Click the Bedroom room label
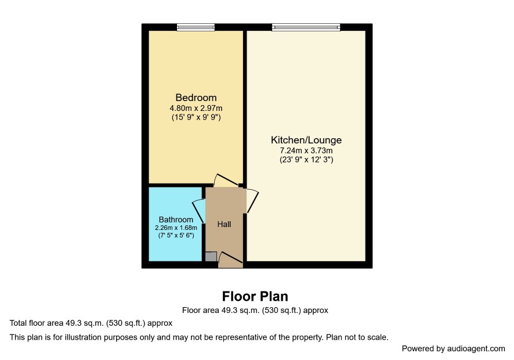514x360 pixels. tap(196, 98)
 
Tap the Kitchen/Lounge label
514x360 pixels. tap(306, 140)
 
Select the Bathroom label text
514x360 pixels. tap(176, 219)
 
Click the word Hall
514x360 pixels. tap(224, 224)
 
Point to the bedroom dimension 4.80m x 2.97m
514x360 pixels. tap(196, 108)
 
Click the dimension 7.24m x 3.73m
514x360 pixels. tap(306, 150)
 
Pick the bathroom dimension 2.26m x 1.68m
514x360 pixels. tap(176, 228)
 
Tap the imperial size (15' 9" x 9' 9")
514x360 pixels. tap(196, 117)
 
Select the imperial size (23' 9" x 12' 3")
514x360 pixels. tap(306, 160)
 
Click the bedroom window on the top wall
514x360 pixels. tap(196, 27)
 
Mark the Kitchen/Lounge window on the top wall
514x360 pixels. tap(306, 27)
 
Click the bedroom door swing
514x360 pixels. tap(226, 181)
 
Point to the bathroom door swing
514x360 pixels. tap(198, 211)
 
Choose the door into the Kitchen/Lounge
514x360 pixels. tap(252, 200)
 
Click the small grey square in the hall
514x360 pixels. tap(211, 256)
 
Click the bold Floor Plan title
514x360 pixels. tap(255, 296)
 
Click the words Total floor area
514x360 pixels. tap(37, 323)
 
